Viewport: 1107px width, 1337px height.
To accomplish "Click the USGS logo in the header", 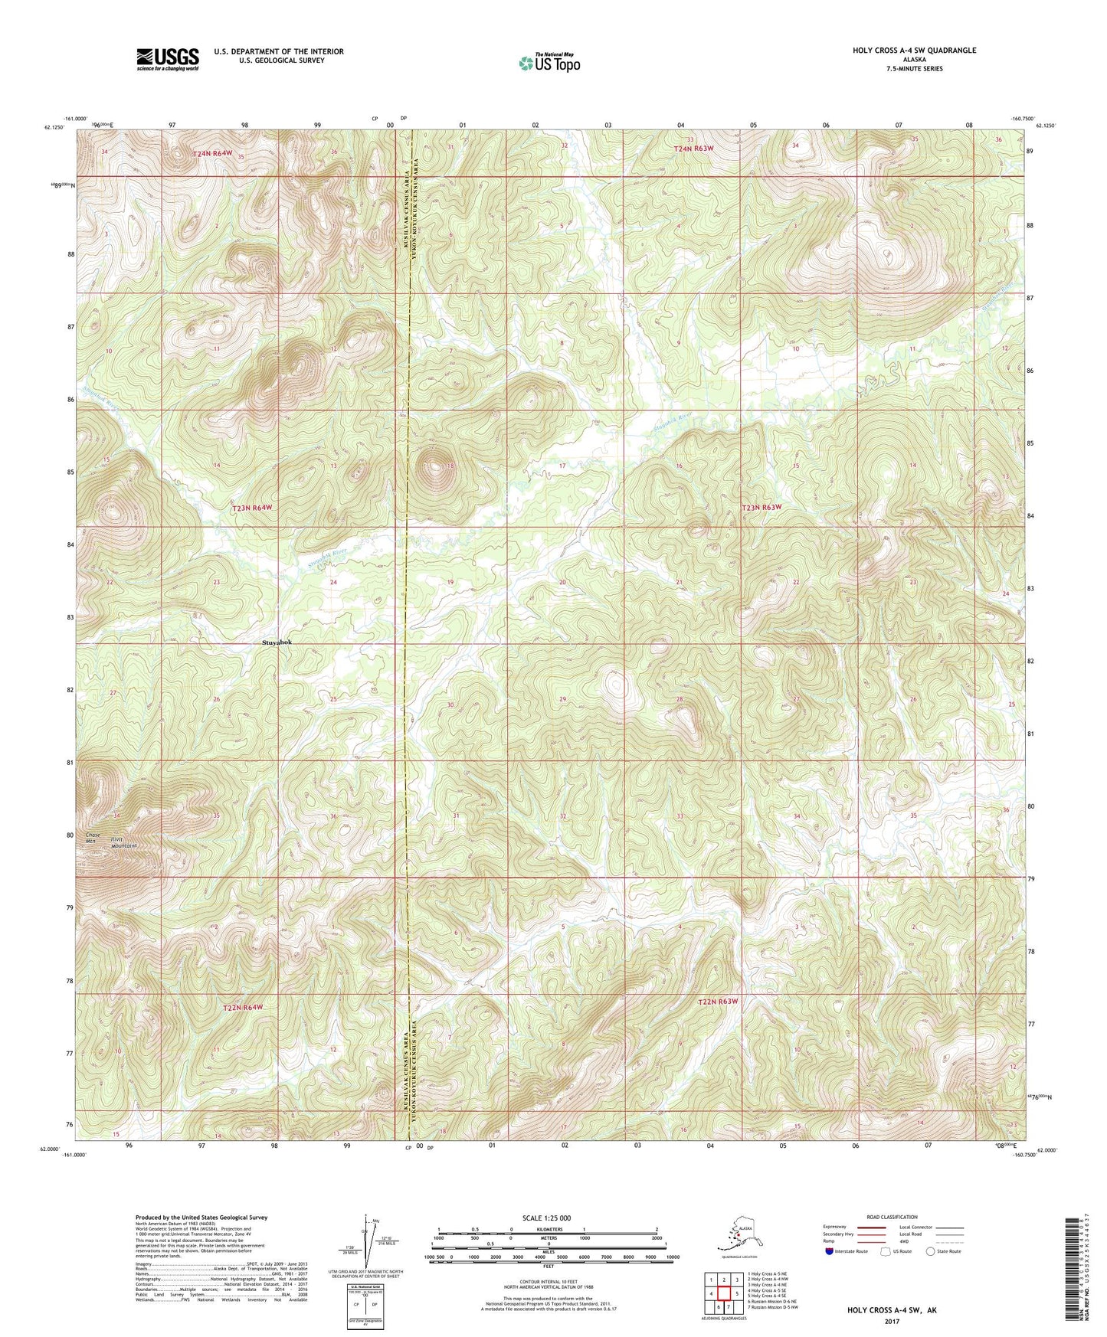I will tap(167, 59).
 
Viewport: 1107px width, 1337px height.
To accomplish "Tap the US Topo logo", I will tap(548, 63).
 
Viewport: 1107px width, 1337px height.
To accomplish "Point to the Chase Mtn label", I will tap(93, 838).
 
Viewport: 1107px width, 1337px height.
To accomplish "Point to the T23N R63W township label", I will tap(762, 507).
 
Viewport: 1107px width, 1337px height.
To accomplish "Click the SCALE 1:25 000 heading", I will tap(548, 1218).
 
